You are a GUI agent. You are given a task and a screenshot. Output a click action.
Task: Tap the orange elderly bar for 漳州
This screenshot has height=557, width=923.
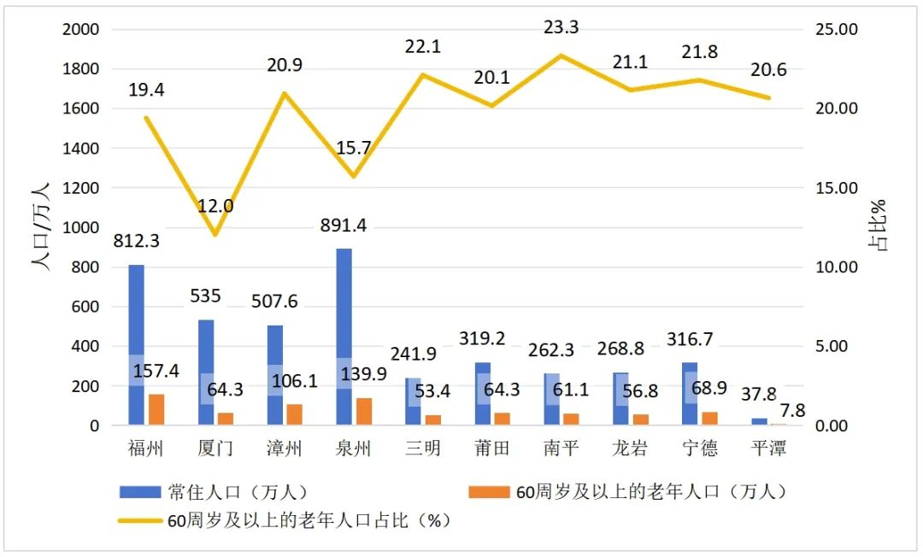(295, 414)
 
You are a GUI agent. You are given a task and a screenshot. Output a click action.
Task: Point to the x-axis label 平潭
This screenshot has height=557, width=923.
(767, 448)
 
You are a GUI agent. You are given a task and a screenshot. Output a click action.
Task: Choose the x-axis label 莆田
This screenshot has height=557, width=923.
(492, 448)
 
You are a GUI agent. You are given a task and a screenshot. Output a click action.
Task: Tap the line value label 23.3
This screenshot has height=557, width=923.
(561, 28)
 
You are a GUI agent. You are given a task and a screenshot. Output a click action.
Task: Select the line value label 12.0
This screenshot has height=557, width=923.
(216, 206)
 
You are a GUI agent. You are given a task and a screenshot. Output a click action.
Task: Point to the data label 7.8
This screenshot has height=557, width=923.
(792, 410)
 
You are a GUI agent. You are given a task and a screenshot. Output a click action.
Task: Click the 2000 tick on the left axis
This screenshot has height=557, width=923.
(82, 30)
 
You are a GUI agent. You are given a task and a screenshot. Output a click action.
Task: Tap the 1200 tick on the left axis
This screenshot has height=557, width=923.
(82, 188)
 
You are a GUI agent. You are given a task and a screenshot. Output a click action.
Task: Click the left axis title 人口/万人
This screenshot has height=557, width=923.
(41, 226)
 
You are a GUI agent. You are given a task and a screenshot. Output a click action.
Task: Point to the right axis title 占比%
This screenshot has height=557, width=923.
(880, 226)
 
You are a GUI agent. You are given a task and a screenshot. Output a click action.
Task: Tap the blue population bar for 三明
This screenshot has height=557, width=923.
(413, 402)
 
